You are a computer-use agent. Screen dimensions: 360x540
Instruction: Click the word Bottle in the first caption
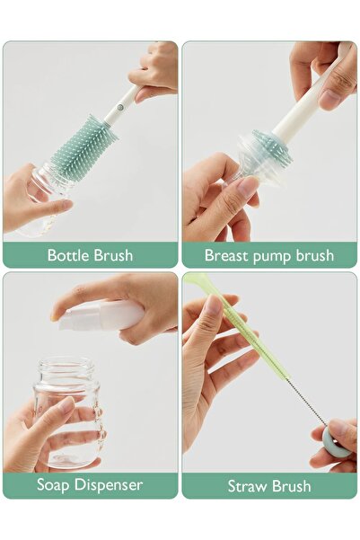click(x=68, y=255)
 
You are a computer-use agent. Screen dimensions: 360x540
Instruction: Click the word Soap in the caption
click(x=54, y=485)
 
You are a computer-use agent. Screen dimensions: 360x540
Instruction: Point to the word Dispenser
click(x=109, y=485)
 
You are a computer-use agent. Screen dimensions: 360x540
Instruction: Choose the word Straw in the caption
click(x=248, y=486)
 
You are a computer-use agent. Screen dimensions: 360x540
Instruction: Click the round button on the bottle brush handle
click(x=119, y=107)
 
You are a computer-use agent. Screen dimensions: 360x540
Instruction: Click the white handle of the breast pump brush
click(x=310, y=93)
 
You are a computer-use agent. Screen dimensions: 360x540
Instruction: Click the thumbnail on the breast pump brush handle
click(x=329, y=99)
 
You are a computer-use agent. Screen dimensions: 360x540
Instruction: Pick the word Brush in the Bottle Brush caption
click(x=113, y=255)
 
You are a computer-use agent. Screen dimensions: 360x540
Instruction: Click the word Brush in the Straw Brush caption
click(x=291, y=486)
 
